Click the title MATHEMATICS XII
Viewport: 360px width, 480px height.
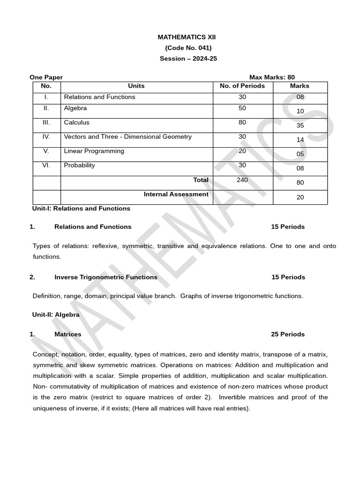coord(187,37)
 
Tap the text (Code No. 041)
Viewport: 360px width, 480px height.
coord(188,48)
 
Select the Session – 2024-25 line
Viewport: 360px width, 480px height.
coord(188,59)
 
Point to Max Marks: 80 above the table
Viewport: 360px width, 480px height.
coord(272,77)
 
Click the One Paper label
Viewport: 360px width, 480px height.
coord(46,77)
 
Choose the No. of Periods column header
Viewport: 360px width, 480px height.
coord(242,86)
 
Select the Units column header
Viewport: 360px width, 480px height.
coord(136,86)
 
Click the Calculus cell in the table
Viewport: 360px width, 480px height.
coord(76,122)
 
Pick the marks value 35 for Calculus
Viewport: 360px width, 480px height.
coord(300,126)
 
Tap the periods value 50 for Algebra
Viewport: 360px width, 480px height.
coord(242,108)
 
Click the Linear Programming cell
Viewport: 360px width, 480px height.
coord(94,151)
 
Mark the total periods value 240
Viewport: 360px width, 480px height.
coord(242,180)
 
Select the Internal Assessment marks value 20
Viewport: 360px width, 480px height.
coord(300,197)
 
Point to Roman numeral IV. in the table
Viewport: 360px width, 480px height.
coord(46,137)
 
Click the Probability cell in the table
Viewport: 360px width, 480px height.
coord(79,165)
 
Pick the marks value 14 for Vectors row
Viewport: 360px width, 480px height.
coord(300,140)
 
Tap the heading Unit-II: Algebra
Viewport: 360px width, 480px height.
coord(56,315)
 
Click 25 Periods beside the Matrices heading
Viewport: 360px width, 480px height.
coord(287,334)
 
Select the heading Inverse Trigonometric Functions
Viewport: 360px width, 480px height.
coord(106,277)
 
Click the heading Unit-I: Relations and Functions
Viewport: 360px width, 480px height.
coord(81,208)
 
